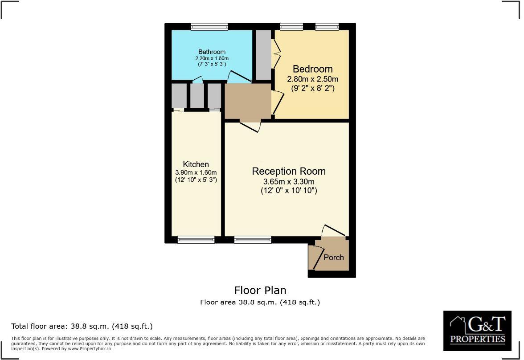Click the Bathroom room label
coord(212,52)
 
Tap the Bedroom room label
coord(312,69)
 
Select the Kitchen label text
coord(196,164)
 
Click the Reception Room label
coord(288,171)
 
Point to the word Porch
coord(333,257)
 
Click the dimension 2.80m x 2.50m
coord(312,79)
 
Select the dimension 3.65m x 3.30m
coord(288,182)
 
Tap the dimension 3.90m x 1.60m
coord(196,172)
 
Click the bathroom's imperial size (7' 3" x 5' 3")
coord(212,64)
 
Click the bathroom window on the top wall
coord(209,27)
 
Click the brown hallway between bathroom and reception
coord(247,101)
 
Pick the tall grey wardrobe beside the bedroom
coord(263,55)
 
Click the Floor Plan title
coord(260,290)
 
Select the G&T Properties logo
coord(477,330)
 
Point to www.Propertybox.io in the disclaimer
coord(90,349)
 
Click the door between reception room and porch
coord(333,230)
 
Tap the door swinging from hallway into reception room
coord(250,126)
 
